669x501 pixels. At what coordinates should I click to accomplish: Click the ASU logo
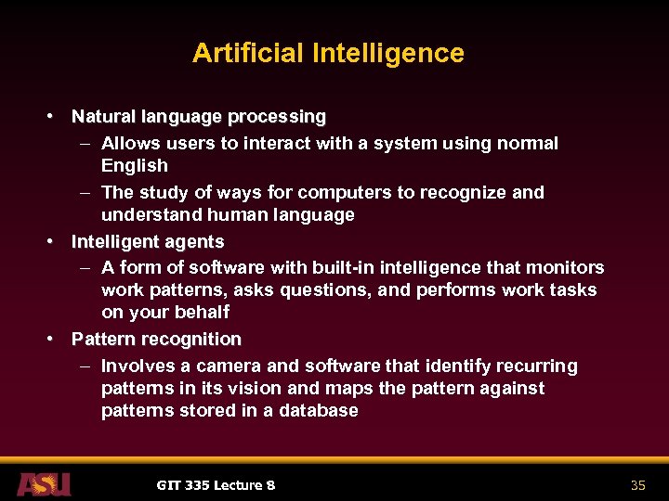pyautogui.click(x=43, y=484)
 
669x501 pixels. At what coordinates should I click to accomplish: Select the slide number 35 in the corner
pyautogui.click(x=637, y=485)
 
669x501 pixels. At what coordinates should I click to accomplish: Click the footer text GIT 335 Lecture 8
pyautogui.click(x=216, y=485)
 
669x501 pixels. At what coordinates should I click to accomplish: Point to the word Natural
pyautogui.click(x=103, y=117)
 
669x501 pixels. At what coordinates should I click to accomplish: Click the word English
pyautogui.click(x=135, y=166)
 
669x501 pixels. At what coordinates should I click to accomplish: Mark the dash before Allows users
pyautogui.click(x=85, y=144)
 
